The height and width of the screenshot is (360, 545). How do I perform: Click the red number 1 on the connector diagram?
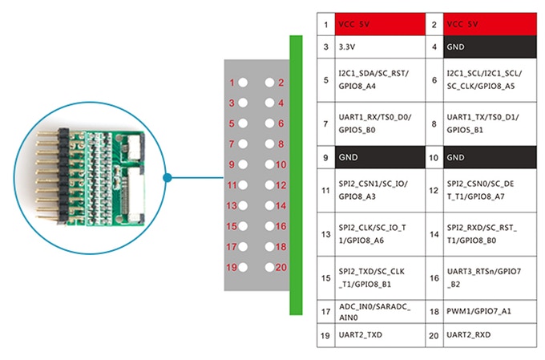point(232,83)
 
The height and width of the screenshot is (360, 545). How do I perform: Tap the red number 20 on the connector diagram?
point(281,267)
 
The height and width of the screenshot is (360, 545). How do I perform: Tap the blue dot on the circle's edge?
point(168,177)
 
